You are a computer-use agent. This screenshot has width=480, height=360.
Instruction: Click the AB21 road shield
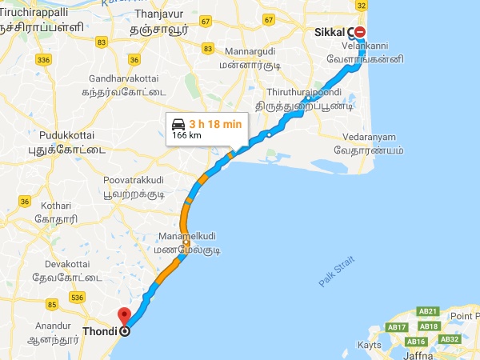tap(429, 311)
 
